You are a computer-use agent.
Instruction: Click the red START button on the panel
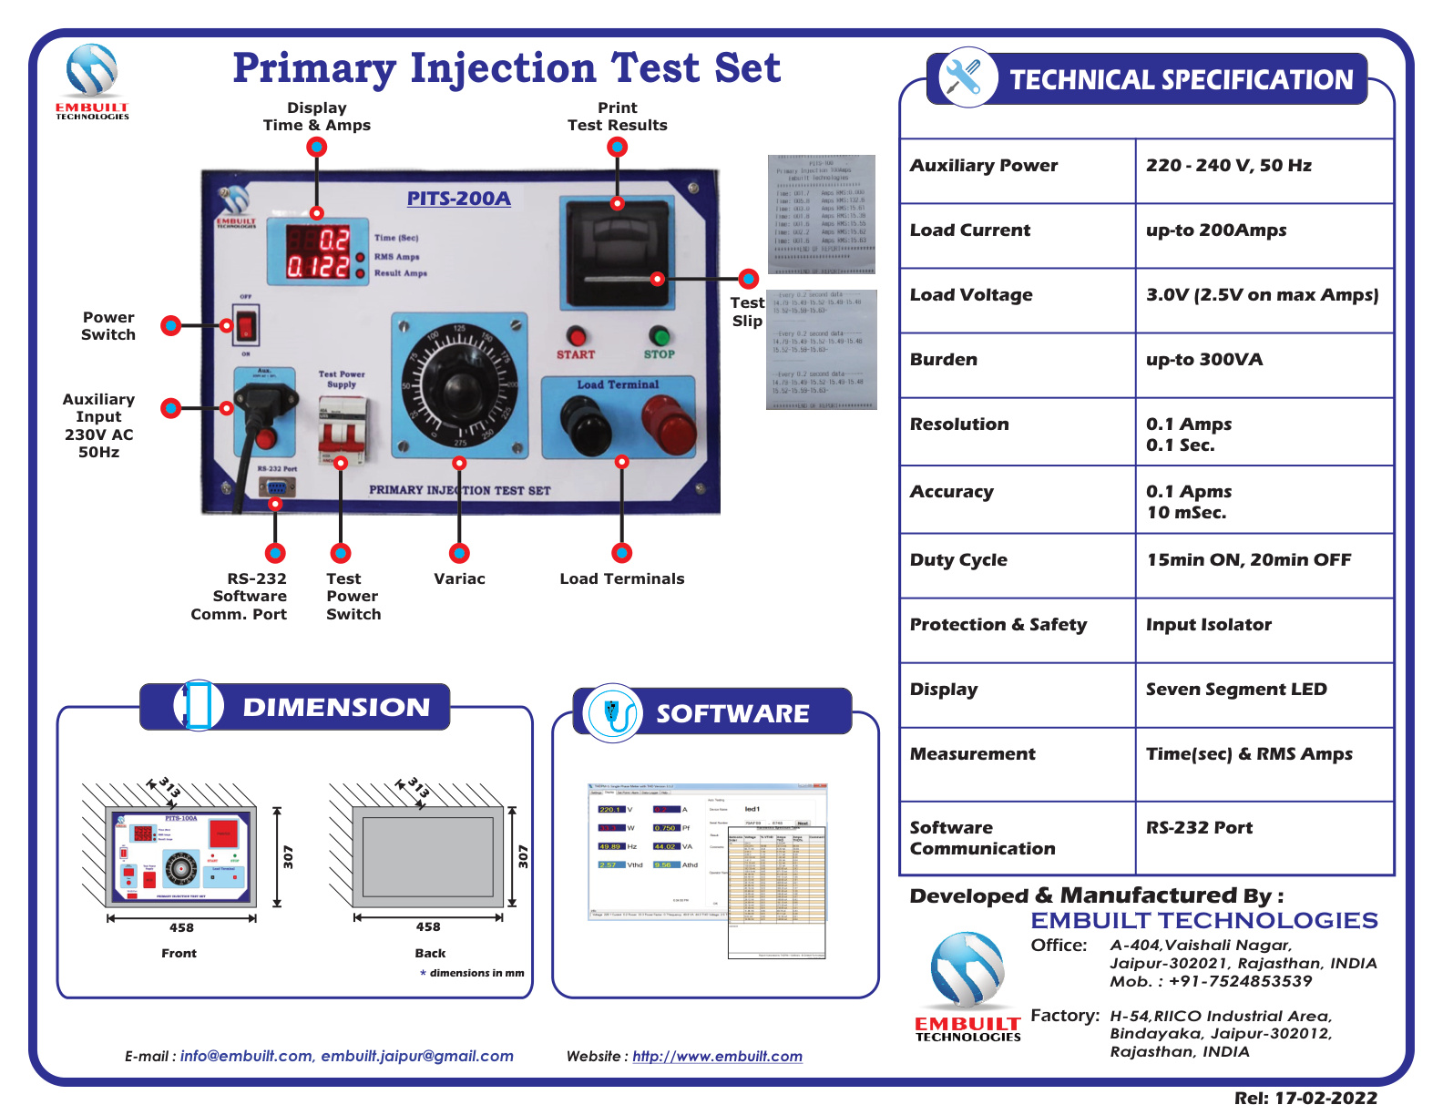[575, 335]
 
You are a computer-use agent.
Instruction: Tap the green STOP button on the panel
[659, 335]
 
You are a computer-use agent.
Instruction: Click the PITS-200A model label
[458, 199]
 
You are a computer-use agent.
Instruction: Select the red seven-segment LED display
[319, 252]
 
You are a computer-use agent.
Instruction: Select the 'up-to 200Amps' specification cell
[1215, 230]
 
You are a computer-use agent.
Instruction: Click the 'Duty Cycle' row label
[958, 560]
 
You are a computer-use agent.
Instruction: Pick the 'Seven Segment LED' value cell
[1235, 690]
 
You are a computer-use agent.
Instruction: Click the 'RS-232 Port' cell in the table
[1199, 828]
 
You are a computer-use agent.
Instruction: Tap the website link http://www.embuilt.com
[717, 1057]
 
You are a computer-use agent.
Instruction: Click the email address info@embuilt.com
[246, 1057]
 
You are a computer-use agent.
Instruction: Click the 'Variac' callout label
[459, 579]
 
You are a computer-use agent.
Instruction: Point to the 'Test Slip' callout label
[747, 312]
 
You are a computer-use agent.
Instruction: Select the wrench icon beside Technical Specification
[963, 77]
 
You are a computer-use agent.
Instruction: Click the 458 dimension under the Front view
[181, 928]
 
